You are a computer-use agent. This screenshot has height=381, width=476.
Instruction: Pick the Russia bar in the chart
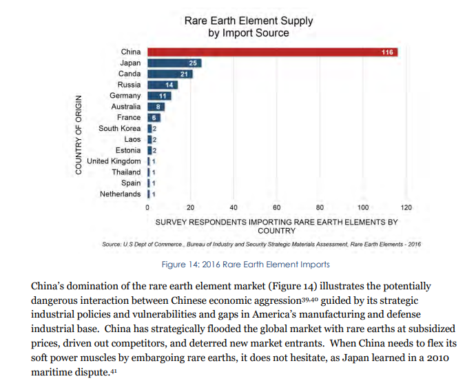click(162, 85)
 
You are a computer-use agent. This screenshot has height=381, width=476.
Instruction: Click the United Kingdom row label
click(114, 161)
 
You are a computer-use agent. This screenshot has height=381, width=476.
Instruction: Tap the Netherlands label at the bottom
click(120, 194)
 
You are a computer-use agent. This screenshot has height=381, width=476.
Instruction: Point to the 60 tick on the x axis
click(276, 207)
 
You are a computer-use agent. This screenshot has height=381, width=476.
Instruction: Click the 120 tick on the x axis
click(406, 207)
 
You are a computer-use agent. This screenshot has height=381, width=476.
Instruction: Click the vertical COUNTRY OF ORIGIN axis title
click(80, 134)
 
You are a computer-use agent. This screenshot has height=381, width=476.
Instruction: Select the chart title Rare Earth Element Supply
click(248, 21)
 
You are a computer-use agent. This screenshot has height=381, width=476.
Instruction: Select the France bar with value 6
click(154, 118)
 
